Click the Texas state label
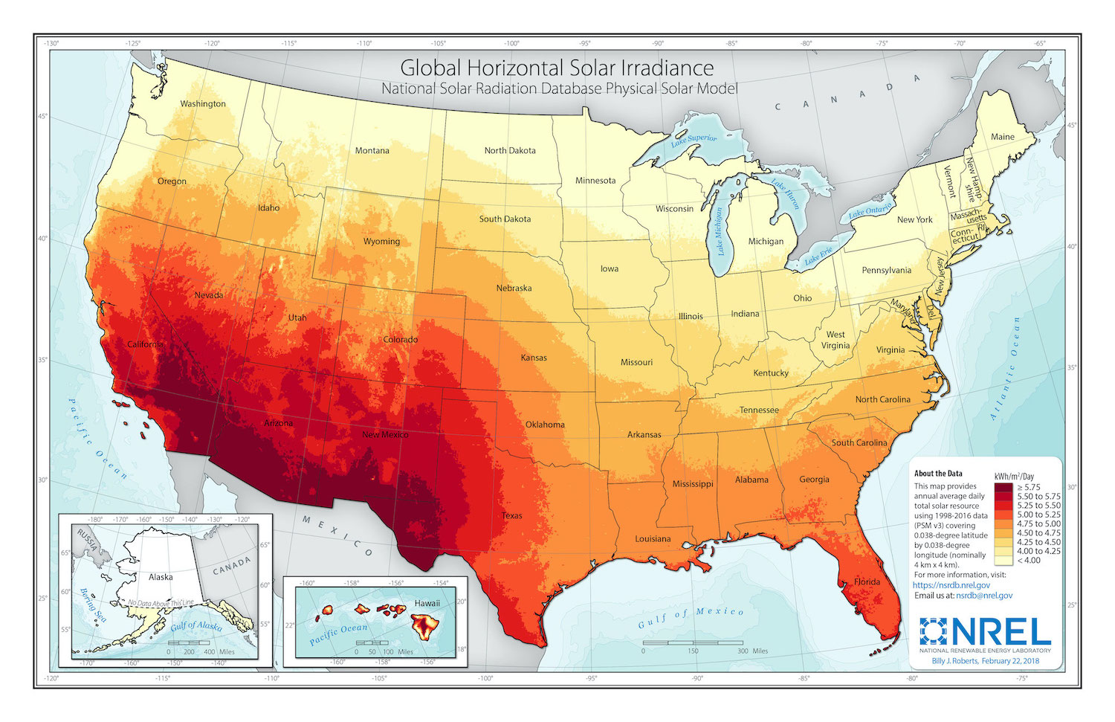(511, 515)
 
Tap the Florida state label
(867, 581)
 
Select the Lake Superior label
(694, 139)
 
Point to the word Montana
(372, 150)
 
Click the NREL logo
(985, 633)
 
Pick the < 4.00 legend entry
(1029, 560)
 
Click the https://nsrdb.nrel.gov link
(951, 585)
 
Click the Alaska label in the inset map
(161, 577)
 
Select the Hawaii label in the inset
(427, 603)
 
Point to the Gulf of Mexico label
(691, 616)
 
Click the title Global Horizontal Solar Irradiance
(557, 68)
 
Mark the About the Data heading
(937, 474)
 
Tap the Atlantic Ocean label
(1005, 368)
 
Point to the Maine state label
(1002, 137)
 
